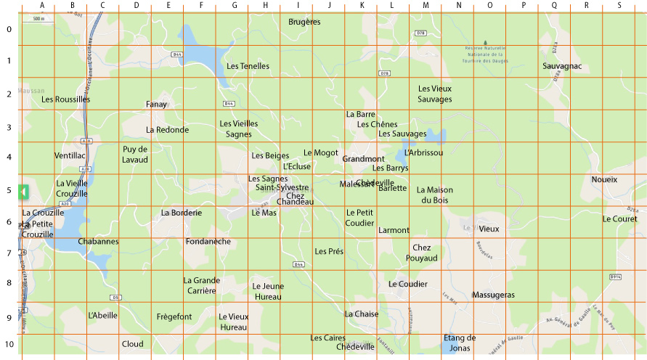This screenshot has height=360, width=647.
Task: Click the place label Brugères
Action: (304, 22)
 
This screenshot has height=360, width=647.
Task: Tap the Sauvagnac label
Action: (562, 66)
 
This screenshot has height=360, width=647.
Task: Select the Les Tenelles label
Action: (248, 66)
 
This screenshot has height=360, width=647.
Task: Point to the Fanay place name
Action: (156, 105)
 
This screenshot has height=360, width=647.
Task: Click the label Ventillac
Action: (70, 155)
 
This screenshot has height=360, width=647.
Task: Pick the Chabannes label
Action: (98, 241)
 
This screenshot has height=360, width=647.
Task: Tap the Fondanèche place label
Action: (208, 241)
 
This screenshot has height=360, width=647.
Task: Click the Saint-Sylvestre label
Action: (282, 187)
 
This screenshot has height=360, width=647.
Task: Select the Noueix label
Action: (604, 179)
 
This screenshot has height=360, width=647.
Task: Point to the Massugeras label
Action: (493, 295)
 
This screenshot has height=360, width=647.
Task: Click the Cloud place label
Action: (132, 343)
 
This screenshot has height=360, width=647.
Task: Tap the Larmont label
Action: (394, 230)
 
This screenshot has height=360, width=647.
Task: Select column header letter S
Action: (619, 6)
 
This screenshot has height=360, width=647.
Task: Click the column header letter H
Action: (266, 6)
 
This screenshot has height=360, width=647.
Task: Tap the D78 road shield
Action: (420, 33)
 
